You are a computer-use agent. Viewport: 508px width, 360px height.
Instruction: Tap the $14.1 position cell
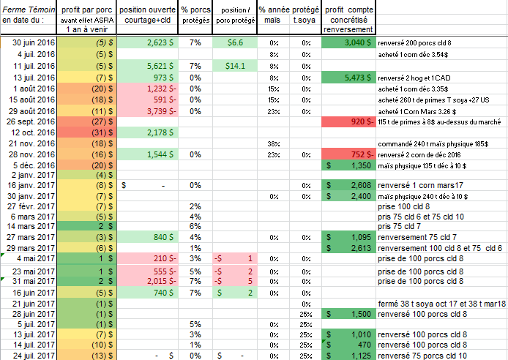(234, 65)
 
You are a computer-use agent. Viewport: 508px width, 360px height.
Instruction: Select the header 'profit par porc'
(86, 7)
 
